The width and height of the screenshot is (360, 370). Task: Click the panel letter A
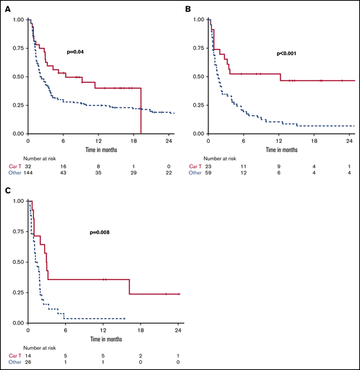pos(7,8)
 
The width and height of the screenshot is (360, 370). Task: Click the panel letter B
pos(188,8)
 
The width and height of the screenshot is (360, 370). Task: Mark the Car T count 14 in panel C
pos(28,356)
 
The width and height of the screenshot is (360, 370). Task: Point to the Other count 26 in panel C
pos(28,362)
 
